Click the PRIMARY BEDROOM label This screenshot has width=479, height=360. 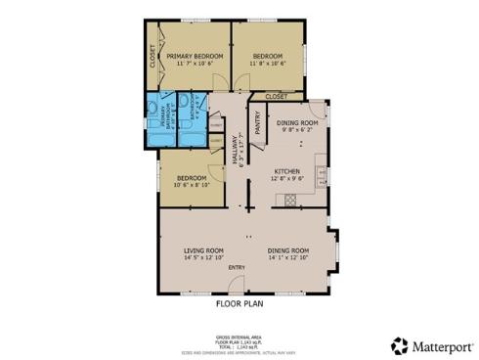[x=195, y=57]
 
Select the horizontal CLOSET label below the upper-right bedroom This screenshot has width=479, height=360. [x=276, y=97]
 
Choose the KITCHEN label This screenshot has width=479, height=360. [x=285, y=169]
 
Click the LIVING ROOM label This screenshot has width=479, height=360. [x=203, y=250]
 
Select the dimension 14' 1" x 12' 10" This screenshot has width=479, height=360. [x=288, y=259]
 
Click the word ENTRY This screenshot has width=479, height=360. [x=237, y=268]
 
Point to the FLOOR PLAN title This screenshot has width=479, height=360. [x=239, y=304]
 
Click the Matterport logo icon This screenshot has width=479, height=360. [x=399, y=345]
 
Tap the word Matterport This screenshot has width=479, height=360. [x=442, y=345]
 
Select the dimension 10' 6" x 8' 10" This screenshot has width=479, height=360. [x=191, y=184]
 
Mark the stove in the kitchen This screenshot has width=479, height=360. [x=289, y=202]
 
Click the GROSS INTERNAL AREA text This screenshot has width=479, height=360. [x=239, y=335]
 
